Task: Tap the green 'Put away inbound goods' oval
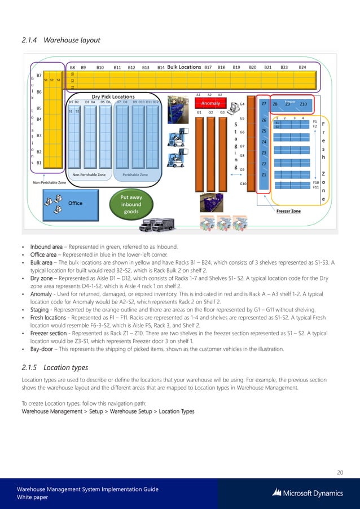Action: (x=130, y=204)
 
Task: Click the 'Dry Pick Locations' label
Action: (x=113, y=96)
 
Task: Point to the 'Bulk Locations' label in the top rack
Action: (x=184, y=67)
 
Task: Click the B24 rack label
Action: (x=302, y=67)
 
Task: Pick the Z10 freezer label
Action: (x=303, y=104)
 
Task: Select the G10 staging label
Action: (x=243, y=183)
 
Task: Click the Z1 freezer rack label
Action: (x=264, y=175)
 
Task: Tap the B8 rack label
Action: (x=73, y=67)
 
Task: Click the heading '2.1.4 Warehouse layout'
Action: (x=60, y=40)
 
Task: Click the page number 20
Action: (x=340, y=472)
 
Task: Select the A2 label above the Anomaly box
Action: (x=209, y=95)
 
